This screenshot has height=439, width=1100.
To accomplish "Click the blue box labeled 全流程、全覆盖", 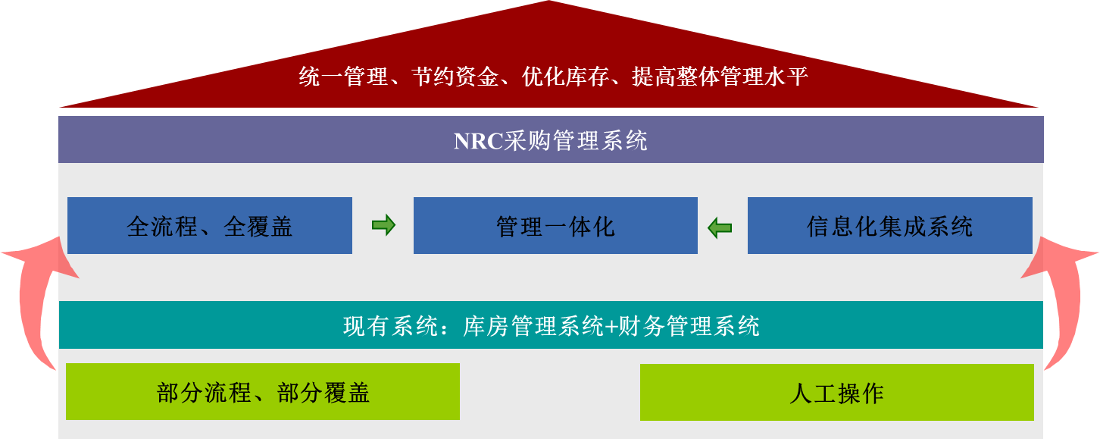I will [x=209, y=226].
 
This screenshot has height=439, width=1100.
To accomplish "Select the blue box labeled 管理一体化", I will [x=555, y=226].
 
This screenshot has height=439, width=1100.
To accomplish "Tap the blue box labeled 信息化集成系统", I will [x=889, y=226].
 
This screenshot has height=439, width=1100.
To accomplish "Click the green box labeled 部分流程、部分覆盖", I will [x=262, y=392].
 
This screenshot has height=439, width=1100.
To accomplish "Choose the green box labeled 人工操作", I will [x=836, y=392].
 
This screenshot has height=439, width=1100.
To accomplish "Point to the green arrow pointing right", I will [x=383, y=225].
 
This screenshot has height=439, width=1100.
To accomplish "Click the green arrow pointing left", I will [x=720, y=227].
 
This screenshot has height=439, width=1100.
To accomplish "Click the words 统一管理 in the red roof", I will [x=343, y=77].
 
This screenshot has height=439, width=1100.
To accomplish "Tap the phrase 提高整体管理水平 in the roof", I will [x=720, y=77].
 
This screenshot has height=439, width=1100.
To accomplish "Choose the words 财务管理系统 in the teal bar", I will [x=689, y=327].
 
